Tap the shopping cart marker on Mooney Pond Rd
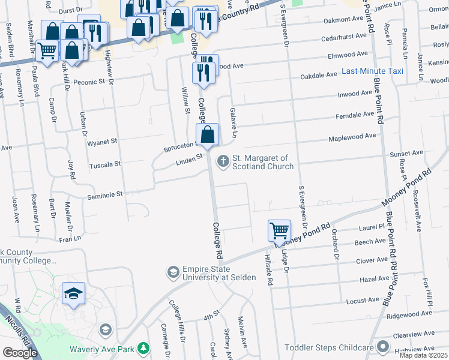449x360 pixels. point(279,230)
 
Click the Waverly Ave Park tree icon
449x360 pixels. point(143,347)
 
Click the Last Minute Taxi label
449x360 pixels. point(372,71)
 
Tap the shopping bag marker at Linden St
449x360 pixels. point(208,135)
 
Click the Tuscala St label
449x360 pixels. point(105,163)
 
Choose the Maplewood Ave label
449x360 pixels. point(351,137)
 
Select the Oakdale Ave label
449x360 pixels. point(319,76)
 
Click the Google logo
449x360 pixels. point(20,353)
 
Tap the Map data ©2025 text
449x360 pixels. point(424,355)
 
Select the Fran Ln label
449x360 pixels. point(69,239)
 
